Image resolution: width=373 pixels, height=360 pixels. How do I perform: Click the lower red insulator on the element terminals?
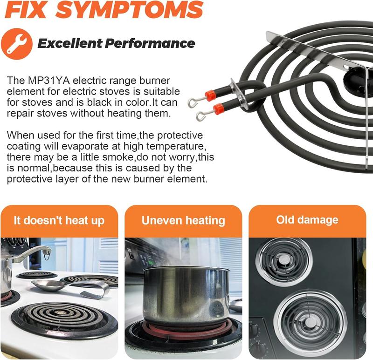click(218, 109)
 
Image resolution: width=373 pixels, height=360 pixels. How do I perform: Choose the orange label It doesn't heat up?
click(59, 220)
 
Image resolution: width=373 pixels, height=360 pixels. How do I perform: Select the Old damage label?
click(307, 220)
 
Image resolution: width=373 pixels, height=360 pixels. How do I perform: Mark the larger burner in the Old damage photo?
click(310, 322)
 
